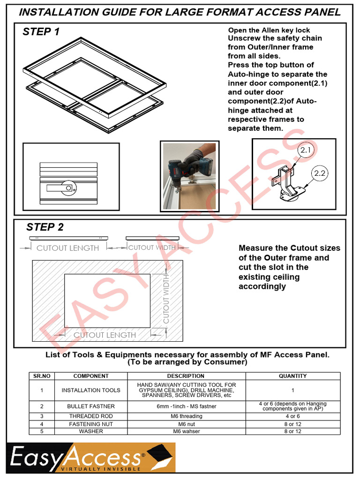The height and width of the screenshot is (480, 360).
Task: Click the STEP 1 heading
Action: (41, 32)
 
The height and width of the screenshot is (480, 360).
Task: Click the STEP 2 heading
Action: (45, 227)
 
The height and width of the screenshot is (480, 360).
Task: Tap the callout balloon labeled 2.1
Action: (306, 150)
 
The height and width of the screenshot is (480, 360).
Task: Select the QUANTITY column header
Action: (292, 376)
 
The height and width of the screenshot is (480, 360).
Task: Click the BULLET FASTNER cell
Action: (91, 406)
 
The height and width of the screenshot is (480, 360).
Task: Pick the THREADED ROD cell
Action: (91, 416)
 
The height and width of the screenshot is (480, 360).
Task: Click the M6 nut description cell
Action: (186, 424)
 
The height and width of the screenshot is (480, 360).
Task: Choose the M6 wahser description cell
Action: (186, 431)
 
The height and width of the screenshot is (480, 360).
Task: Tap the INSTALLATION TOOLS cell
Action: (91, 390)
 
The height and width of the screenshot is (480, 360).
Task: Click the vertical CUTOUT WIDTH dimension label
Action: (166, 300)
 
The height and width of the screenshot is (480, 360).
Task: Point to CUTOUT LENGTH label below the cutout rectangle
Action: (105, 335)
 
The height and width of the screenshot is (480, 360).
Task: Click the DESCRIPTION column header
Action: (186, 376)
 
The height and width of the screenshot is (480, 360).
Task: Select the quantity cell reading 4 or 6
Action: (292, 416)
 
